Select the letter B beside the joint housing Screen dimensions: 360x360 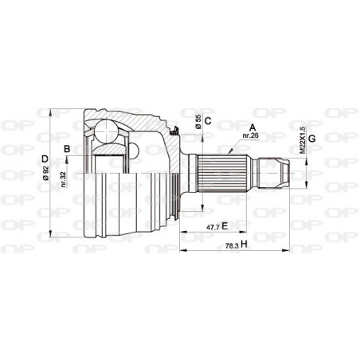pyautogui.click(x=68, y=149)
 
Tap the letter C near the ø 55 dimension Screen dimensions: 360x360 pyautogui.click(x=207, y=122)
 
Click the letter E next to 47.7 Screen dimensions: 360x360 pyautogui.click(x=225, y=226)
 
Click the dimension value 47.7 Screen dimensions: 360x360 pyautogui.click(x=210, y=227)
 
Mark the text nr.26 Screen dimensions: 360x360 pyautogui.click(x=252, y=136)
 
